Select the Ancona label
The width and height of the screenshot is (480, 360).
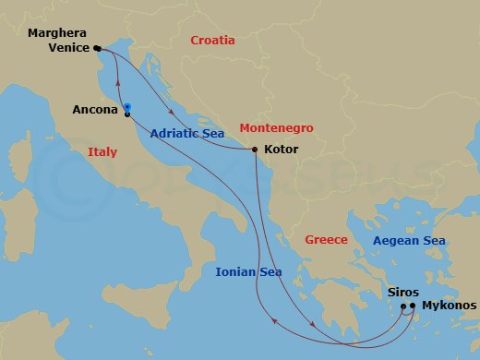(95, 110)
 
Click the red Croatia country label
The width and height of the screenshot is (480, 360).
(211, 41)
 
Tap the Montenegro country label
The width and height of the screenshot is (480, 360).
(276, 128)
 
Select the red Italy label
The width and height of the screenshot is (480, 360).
(102, 152)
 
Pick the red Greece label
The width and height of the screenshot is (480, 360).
(327, 240)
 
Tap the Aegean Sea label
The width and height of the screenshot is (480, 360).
(408, 241)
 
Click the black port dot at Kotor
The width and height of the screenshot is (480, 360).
(255, 150)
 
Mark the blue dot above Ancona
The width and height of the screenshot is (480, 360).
(126, 105)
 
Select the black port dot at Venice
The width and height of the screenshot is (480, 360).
(97, 49)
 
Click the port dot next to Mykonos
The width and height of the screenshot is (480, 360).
(413, 306)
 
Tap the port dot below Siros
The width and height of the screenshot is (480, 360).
(403, 306)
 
